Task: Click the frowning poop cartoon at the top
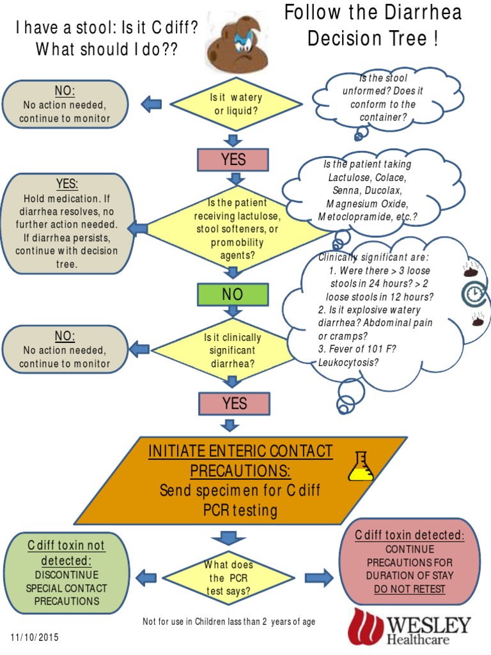coord(237,45)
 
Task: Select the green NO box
coord(233,295)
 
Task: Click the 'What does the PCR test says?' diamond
coord(228,578)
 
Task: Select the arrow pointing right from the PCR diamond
coord(318,578)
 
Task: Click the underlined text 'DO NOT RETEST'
coord(409,589)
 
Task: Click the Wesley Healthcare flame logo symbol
coord(364,626)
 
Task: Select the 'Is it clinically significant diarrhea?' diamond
coord(232,351)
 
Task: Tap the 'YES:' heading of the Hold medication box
coord(66,184)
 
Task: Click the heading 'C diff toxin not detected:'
coord(66,553)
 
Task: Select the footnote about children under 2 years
coord(228,622)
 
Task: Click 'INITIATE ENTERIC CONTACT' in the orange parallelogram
coord(240,451)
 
